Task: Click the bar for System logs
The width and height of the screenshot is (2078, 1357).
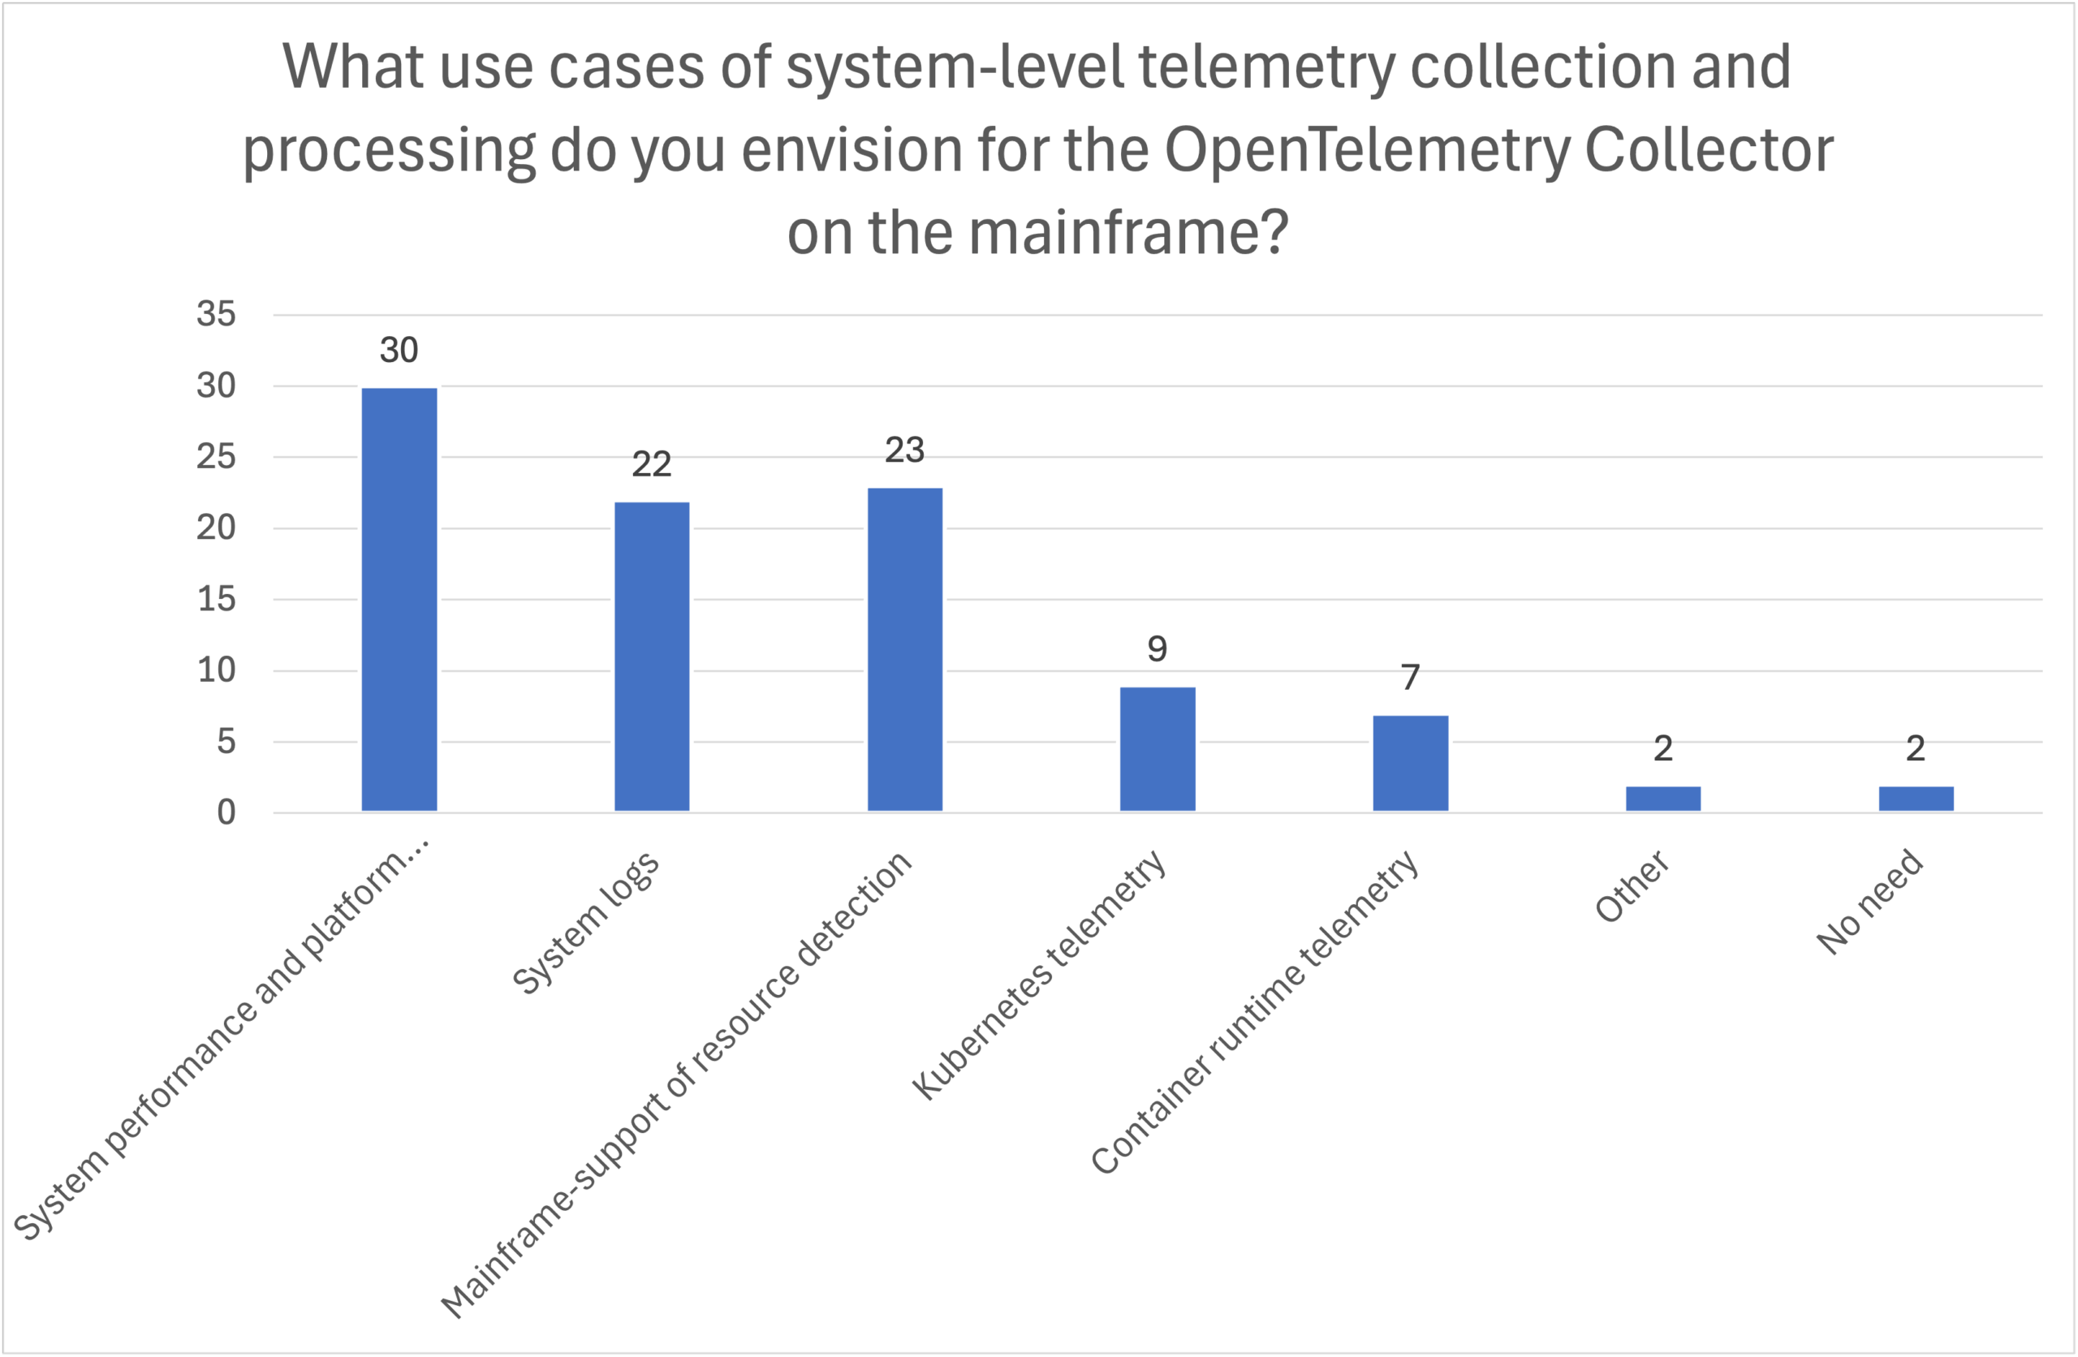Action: [x=651, y=657]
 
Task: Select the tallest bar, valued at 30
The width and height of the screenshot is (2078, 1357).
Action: [x=399, y=600]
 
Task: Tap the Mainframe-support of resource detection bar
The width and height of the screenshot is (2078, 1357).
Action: [x=904, y=649]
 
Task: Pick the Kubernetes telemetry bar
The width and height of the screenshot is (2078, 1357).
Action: [x=1157, y=749]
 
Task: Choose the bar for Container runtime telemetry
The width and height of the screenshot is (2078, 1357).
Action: [x=1410, y=763]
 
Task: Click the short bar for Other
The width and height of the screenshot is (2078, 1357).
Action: [x=1662, y=799]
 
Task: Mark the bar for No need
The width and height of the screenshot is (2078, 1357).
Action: [x=1916, y=799]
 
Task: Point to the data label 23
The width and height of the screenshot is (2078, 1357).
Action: [x=904, y=450]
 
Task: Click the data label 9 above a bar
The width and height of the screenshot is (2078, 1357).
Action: [x=1157, y=648]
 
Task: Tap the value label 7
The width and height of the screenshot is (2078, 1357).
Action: [x=1410, y=678]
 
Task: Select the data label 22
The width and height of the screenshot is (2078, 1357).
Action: [x=651, y=464]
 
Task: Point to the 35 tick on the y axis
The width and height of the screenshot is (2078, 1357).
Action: [x=216, y=313]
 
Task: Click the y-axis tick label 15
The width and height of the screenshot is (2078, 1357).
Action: [x=216, y=599]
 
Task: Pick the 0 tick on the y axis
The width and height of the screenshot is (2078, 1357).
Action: [x=226, y=813]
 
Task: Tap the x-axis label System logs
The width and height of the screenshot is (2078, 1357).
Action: [x=587, y=922]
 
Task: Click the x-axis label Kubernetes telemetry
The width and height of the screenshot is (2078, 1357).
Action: [x=1039, y=975]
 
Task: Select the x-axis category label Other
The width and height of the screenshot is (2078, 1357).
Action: [x=1632, y=886]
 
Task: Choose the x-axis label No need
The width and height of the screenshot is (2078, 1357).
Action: [x=1869, y=902]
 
